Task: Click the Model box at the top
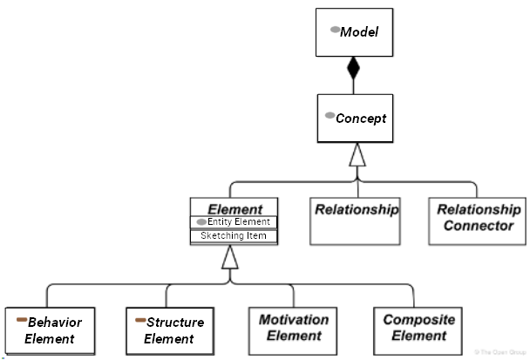click(x=353, y=33)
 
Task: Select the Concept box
click(x=353, y=118)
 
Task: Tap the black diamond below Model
click(x=353, y=69)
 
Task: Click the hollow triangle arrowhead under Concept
click(x=356, y=155)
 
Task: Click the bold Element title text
click(x=234, y=209)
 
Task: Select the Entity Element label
click(x=240, y=222)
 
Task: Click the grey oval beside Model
click(x=334, y=30)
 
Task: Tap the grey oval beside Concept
click(x=330, y=116)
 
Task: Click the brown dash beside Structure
click(x=139, y=321)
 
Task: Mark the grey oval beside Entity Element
click(x=201, y=222)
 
